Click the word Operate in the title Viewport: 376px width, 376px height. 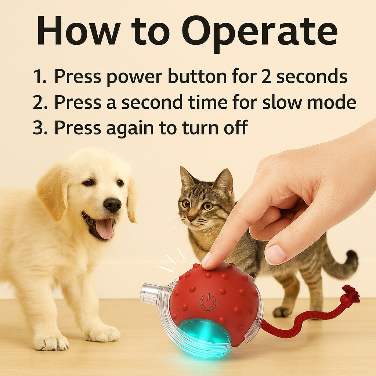tap(260, 32)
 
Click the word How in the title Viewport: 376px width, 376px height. tap(79, 30)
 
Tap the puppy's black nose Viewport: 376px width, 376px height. tap(112, 205)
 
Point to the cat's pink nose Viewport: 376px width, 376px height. tap(191, 218)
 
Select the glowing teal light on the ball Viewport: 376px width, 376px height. tap(203, 333)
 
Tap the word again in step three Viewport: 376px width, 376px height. tap(130, 128)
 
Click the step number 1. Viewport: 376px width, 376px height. tap(38, 77)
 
